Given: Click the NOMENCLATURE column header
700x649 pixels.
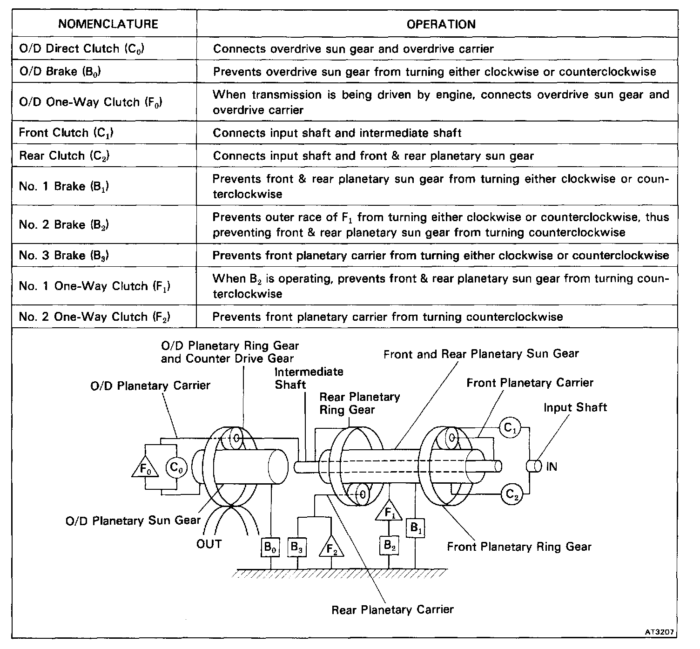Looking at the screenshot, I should pos(108,24).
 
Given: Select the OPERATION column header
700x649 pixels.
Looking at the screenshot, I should pos(441,24).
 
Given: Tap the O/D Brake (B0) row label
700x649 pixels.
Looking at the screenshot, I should pos(60,72).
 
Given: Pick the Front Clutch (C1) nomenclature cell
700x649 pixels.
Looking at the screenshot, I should pos(67,133).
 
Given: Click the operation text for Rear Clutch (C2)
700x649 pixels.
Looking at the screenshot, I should pos(373,155).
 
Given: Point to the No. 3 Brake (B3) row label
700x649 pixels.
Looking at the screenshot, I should pos(64,255).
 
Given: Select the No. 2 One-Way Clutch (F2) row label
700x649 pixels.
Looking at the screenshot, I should pos(94,317).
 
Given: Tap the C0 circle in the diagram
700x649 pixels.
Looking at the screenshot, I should pos(176,467).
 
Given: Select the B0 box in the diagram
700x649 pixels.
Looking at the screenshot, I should pos(270,547).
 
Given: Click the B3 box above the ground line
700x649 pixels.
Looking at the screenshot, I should pos(297,547).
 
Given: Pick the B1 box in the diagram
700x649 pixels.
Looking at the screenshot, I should pos(416,528).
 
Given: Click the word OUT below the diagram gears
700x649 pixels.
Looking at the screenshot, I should pos(209,544).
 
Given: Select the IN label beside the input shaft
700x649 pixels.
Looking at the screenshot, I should pos(551,466).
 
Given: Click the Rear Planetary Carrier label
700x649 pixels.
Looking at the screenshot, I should pos(392,609).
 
